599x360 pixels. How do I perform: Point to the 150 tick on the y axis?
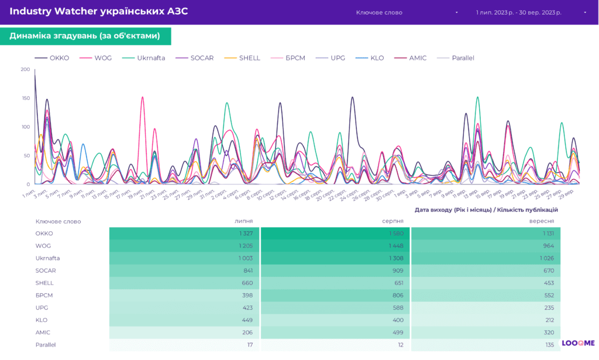click(x=25, y=98)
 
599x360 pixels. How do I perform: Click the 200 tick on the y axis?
click(x=25, y=70)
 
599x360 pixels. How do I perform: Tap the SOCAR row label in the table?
click(x=45, y=270)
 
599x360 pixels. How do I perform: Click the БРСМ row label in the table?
click(x=44, y=296)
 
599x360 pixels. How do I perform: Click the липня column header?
click(x=243, y=221)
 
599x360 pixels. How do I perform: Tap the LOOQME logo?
click(x=578, y=343)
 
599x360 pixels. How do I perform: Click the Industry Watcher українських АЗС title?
click(x=98, y=12)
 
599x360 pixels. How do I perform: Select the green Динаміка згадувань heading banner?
click(x=85, y=36)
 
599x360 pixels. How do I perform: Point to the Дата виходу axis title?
click(x=486, y=210)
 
